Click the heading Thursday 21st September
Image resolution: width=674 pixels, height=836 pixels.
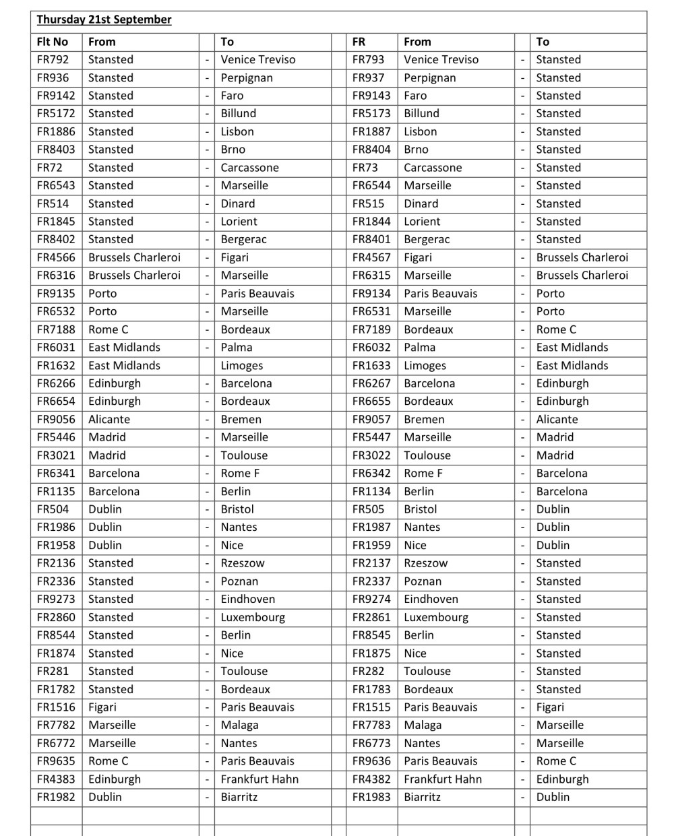point(104,20)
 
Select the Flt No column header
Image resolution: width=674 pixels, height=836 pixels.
point(53,42)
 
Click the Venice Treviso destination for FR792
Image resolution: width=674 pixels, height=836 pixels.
point(258,60)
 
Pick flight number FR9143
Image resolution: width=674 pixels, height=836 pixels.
point(371,96)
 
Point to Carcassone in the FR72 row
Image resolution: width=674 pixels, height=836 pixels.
point(249,168)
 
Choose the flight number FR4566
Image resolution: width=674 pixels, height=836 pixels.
point(56,257)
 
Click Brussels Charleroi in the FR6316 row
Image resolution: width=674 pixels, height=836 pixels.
point(134,276)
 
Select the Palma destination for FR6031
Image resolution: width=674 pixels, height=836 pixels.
point(237,348)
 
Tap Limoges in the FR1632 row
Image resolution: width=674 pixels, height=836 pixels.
point(242,366)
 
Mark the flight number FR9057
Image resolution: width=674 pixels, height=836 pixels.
point(371,419)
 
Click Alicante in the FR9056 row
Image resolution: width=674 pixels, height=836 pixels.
point(109,419)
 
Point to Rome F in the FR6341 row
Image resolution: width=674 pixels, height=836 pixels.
point(241,473)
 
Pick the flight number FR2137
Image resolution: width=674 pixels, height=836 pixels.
point(371,563)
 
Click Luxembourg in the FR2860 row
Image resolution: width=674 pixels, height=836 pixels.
point(253,617)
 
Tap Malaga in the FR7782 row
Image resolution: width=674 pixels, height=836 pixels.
point(239,725)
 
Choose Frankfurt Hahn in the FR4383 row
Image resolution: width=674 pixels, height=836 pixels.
point(259,779)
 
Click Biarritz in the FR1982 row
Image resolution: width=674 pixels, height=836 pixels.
point(239,797)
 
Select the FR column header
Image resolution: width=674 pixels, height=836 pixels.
point(359,42)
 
